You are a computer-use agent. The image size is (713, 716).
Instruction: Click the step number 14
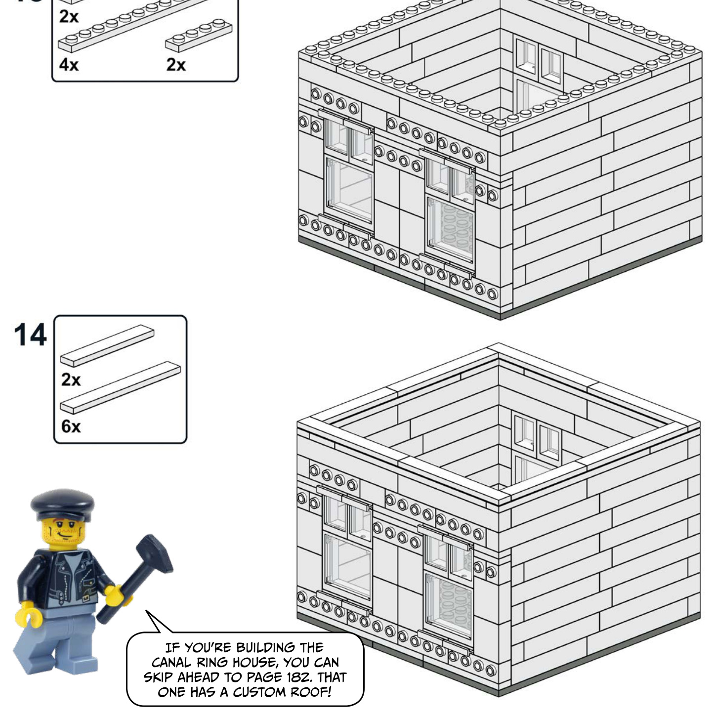pos(31,335)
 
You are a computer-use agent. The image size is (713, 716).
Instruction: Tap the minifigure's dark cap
pos(62,505)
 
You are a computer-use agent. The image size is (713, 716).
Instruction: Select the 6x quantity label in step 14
pos(71,426)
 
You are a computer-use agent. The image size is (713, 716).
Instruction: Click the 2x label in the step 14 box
pos(71,379)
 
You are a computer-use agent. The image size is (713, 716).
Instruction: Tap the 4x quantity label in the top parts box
pos(69,65)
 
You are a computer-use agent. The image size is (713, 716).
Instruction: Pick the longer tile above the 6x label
pos(121,387)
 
